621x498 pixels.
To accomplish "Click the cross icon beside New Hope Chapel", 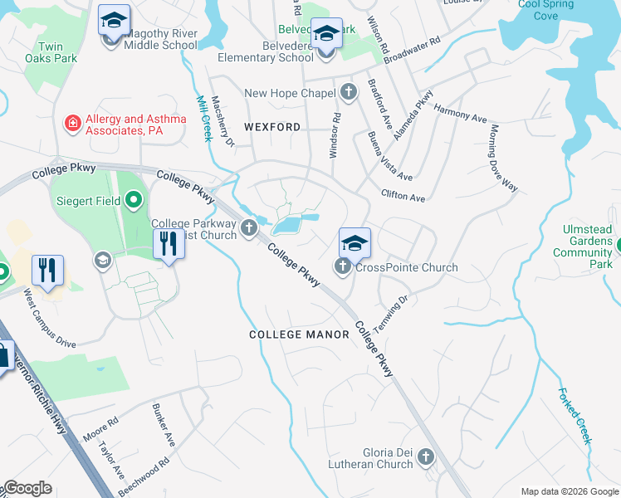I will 349,92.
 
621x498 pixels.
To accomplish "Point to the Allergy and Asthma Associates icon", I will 73,124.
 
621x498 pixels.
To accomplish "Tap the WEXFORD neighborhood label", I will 272,127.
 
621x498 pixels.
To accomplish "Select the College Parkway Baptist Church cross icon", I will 247,228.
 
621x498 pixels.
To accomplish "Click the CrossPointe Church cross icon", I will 342,266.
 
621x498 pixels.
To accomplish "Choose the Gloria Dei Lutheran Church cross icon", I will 426,456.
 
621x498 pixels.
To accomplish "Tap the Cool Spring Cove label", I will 545,9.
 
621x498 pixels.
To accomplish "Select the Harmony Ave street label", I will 460,113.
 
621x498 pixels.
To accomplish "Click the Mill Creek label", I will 204,117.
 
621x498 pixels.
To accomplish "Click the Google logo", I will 27,488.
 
